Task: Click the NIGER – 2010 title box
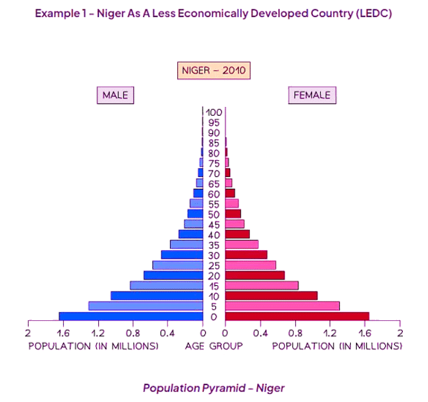point(214,71)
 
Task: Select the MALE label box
point(115,95)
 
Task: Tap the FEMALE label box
point(312,95)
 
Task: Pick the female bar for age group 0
point(297,316)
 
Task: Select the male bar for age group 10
point(156,296)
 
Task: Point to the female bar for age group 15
point(262,286)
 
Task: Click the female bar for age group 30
point(246,255)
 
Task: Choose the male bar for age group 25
point(177,265)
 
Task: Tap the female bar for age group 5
point(282,306)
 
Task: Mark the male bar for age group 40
point(191,234)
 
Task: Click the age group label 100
point(214,112)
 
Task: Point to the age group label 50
point(214,214)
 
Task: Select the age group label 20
point(214,276)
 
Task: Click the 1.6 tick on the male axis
point(63,333)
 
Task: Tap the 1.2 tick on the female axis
point(330,333)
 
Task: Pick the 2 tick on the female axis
point(400,333)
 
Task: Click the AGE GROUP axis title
point(214,346)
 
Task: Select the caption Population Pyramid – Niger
point(214,388)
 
